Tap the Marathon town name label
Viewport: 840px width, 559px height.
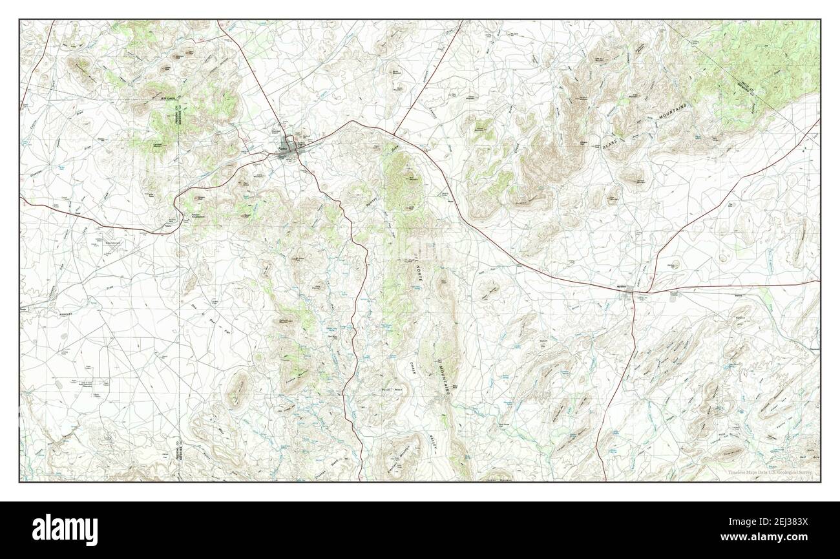[623, 286]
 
